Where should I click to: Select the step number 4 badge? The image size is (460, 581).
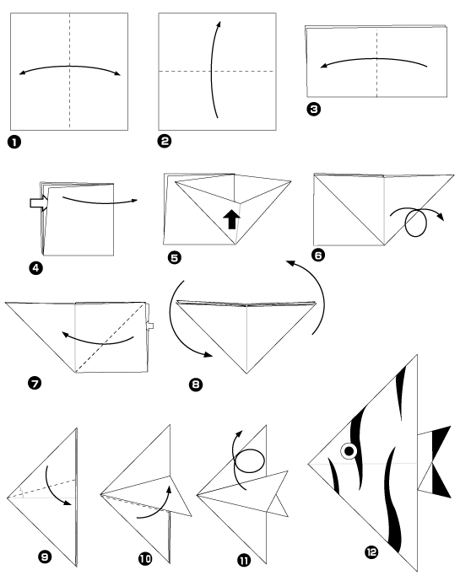[x=35, y=269]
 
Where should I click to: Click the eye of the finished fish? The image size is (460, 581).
[x=347, y=452]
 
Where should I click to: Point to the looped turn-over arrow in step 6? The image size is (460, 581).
[x=415, y=223]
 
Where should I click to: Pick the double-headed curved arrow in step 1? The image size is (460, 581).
[x=69, y=72]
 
